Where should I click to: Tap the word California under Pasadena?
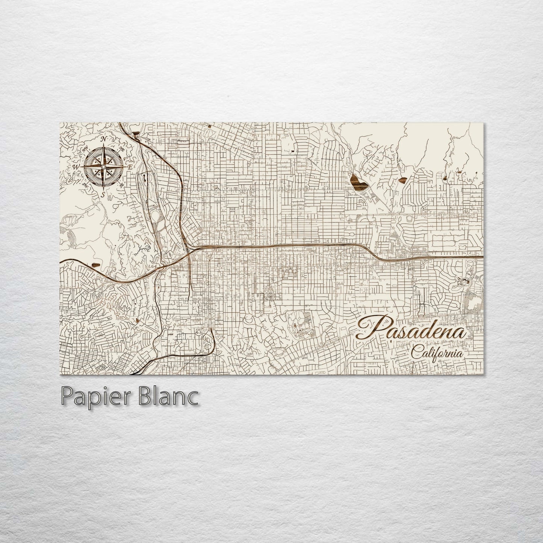(436, 353)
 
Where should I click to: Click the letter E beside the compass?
(130, 166)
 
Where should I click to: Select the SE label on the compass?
(121, 185)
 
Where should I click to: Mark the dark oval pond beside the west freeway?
(96, 265)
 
